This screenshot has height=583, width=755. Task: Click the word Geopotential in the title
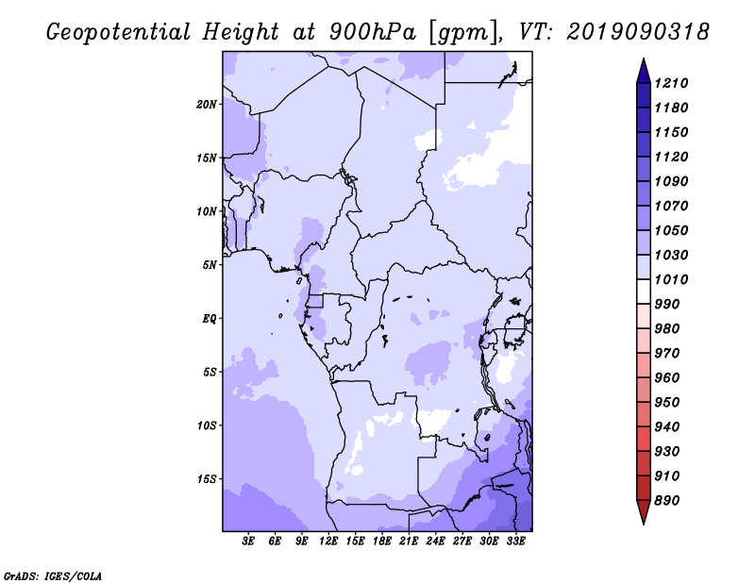tap(119, 33)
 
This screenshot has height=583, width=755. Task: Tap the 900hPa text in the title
tap(372, 32)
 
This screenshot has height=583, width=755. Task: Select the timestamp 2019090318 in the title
tap(638, 32)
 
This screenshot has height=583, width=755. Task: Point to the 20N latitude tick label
tap(207, 105)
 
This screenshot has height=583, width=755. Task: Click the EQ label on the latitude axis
tap(209, 319)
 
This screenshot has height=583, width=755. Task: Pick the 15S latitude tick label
tap(207, 479)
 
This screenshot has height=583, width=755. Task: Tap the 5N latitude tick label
tap(210, 265)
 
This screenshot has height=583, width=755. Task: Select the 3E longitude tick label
tap(248, 541)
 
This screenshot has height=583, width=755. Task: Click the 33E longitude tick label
tap(515, 541)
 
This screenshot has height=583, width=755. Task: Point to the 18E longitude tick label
tap(382, 541)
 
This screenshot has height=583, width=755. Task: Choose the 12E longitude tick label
tap(328, 541)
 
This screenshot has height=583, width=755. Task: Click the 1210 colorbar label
tap(671, 83)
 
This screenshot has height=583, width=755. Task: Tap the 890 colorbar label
tap(667, 501)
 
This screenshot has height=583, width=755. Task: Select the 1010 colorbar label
tap(671, 279)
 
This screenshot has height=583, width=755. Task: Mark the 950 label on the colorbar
tap(667, 403)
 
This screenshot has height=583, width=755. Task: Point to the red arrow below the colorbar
tap(644, 512)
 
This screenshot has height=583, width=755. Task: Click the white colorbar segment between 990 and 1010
tap(644, 291)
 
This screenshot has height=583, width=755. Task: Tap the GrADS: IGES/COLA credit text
tap(53, 576)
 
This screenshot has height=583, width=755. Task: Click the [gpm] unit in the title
tap(463, 33)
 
